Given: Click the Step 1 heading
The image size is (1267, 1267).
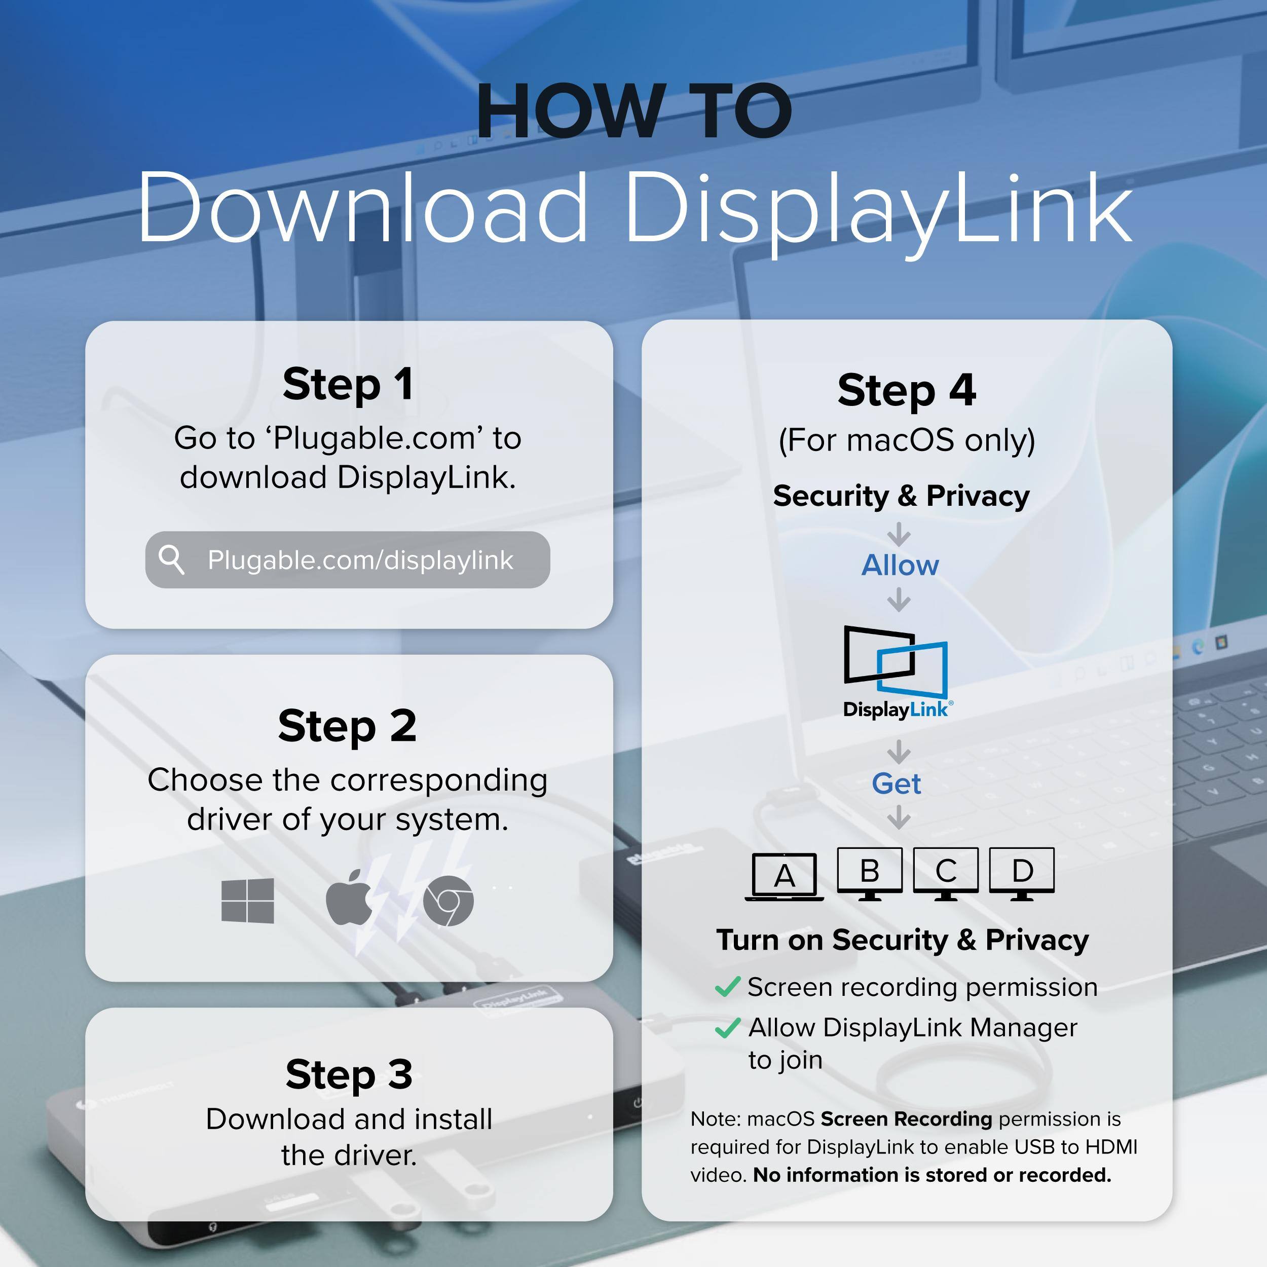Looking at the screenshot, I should [x=348, y=384].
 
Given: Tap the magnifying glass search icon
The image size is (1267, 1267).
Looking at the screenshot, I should [x=172, y=560].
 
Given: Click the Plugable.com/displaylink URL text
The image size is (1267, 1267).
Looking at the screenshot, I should [x=360, y=560].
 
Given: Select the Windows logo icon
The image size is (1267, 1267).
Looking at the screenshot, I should [x=248, y=901].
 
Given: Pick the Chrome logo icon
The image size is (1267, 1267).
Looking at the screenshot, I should [x=448, y=901].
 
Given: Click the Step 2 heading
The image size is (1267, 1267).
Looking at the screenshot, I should [x=347, y=726].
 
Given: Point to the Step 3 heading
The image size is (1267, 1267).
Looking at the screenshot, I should [x=349, y=1074].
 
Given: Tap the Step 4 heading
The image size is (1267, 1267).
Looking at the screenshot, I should [x=906, y=390].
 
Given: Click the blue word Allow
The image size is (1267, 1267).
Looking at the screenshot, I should [x=900, y=565].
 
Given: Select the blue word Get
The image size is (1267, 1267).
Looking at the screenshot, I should [x=897, y=784].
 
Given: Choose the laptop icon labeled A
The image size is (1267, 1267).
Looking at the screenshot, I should [x=785, y=877].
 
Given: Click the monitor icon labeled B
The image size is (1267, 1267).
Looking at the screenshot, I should [x=870, y=873].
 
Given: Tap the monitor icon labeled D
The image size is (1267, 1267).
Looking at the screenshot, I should [x=1022, y=873].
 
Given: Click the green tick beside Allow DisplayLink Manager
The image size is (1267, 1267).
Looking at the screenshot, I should [x=727, y=1028].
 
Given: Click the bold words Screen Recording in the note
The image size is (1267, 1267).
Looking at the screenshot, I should [x=906, y=1119].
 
